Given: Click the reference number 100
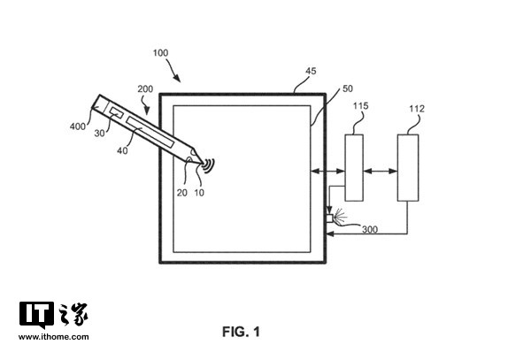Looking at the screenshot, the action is tap(160, 53).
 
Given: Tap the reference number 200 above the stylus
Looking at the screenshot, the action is tap(145, 89).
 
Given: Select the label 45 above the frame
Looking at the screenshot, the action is tap(311, 71).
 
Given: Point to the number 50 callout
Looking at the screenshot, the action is tap(348, 88).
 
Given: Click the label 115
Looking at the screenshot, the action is tap(360, 106).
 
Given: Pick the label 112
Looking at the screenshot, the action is tap(416, 109).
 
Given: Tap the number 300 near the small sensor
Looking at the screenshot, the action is tap(369, 229).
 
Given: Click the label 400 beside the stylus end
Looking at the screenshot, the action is tap(78, 126).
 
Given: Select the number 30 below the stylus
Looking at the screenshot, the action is tap(99, 134).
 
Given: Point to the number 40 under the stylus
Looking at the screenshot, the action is tap(122, 150).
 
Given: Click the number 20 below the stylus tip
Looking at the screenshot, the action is tap(181, 193).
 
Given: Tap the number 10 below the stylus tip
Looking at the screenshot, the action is tap(199, 193).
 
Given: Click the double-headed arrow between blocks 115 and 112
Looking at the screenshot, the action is tap(381, 172).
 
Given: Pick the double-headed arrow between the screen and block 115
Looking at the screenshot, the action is tap(327, 172).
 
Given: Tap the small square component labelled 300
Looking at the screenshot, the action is tap(329, 218).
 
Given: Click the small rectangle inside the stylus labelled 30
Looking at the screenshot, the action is tap(116, 112).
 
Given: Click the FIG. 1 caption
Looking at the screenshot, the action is tap(241, 332).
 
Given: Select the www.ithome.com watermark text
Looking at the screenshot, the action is tap(53, 337).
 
